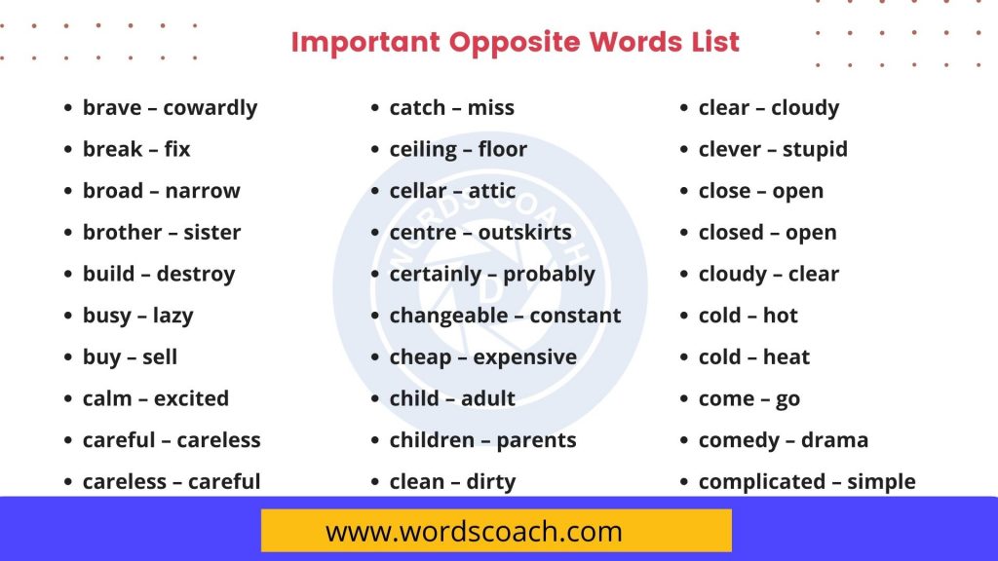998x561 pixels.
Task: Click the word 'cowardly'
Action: tap(210, 108)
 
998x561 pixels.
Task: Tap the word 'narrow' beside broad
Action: tap(203, 191)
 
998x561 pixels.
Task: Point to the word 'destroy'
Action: tap(195, 275)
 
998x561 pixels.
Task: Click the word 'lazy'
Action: tap(173, 317)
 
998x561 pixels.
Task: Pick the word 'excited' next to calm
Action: tap(191, 399)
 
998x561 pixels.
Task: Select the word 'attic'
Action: tap(493, 191)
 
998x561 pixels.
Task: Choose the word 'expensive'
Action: tap(525, 357)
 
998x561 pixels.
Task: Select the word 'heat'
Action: tap(787, 357)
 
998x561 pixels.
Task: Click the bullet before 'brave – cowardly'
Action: tap(68, 109)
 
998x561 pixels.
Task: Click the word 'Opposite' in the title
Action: tap(513, 43)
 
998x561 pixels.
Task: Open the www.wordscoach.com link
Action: tap(474, 532)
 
